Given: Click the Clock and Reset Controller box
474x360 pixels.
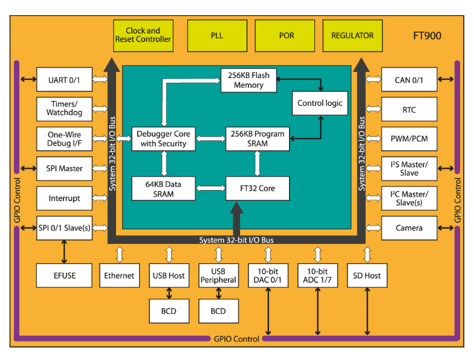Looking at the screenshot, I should [143, 35].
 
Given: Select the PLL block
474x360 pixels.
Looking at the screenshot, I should [217, 35].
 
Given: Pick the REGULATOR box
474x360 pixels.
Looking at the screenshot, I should [352, 35].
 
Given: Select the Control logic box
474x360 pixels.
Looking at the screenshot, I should [320, 103].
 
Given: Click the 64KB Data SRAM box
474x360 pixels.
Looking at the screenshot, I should [163, 189].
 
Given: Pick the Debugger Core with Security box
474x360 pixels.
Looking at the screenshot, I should [163, 139].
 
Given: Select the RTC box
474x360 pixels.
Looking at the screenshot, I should [409, 110].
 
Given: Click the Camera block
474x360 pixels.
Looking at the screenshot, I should [409, 228].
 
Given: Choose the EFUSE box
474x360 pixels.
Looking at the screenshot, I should [64, 275].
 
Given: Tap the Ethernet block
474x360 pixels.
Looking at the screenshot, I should [119, 275].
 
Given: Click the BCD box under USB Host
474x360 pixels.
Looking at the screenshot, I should [169, 310].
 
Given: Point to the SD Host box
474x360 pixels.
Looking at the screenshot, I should [367, 275].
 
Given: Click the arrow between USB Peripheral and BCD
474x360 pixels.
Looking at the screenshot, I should [218, 293].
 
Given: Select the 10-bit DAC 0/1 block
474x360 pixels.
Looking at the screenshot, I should [268, 275].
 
